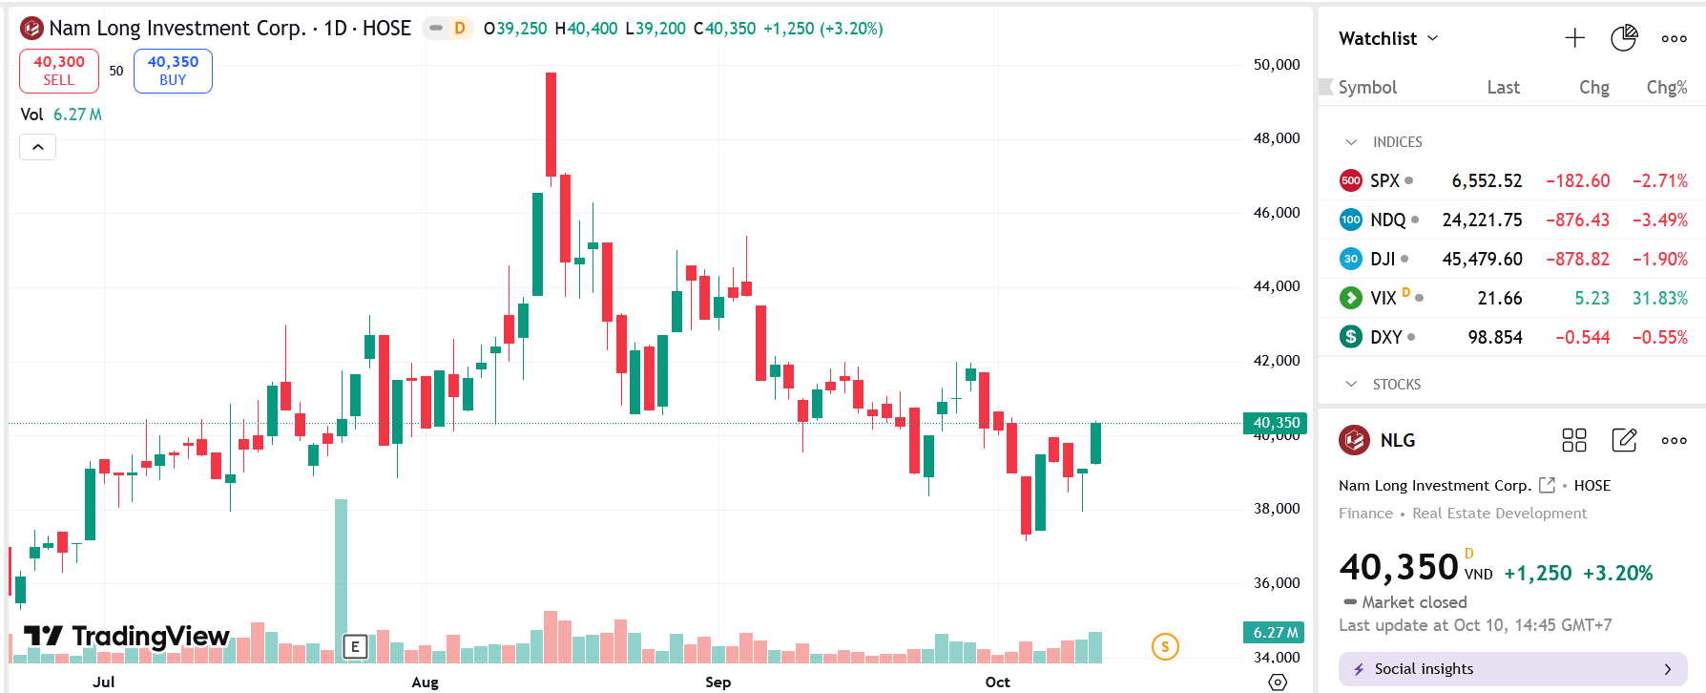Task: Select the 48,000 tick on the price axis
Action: point(1276,138)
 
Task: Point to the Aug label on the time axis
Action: point(425,682)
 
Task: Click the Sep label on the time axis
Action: point(718,682)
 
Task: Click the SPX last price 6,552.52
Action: point(1486,181)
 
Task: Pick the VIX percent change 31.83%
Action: point(1659,299)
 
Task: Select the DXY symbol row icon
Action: point(1350,337)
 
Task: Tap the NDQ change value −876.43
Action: point(1577,220)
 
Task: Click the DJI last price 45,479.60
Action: point(1482,260)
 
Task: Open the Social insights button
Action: point(1512,669)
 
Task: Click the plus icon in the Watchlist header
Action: point(1574,38)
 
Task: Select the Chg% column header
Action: point(1666,88)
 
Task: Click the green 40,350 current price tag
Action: point(1276,423)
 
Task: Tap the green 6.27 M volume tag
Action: point(1274,632)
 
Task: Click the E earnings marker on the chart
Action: point(355,646)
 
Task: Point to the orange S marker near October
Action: point(1164,646)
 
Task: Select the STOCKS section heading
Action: point(1396,385)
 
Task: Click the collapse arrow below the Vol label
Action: point(38,147)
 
